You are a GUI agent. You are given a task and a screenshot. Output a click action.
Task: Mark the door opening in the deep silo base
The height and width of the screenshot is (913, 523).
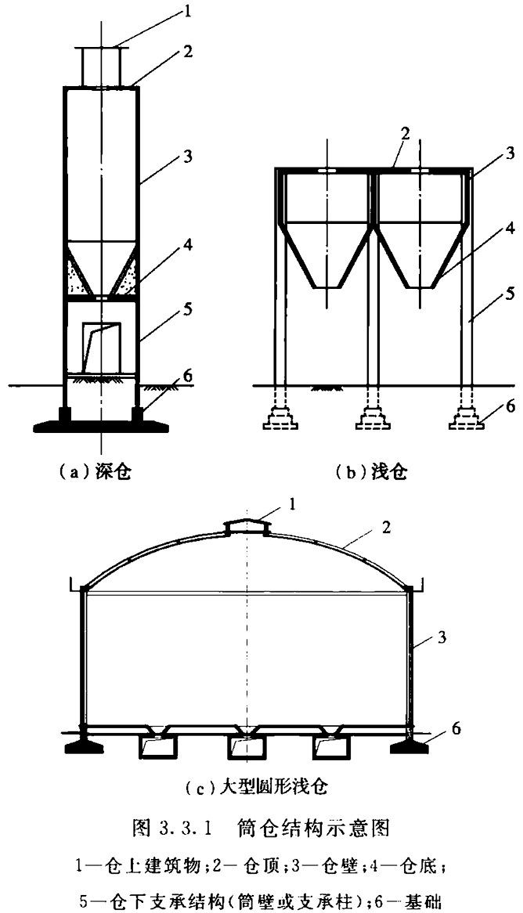pos(101,348)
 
